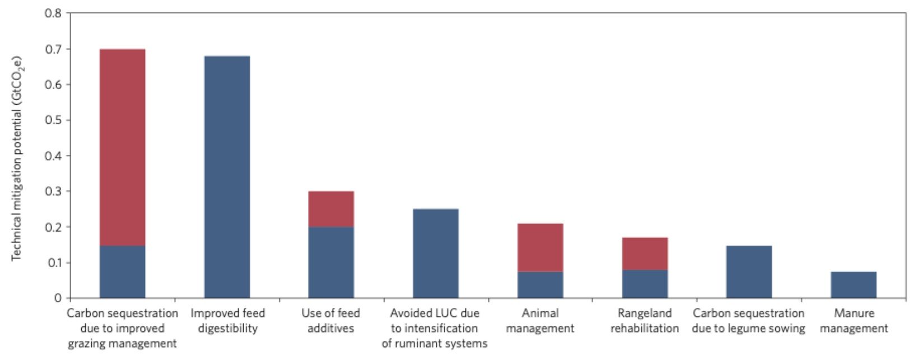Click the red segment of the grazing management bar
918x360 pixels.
[123, 147]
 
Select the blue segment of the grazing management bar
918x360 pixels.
[123, 272]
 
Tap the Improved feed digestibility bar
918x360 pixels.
[227, 177]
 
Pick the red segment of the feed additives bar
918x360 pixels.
[331, 209]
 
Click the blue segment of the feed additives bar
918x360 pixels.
[331, 263]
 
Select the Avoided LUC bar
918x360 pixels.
[436, 254]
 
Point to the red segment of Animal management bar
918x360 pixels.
[540, 247]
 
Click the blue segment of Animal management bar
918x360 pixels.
[540, 284]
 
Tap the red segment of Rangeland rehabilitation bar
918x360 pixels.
[645, 254]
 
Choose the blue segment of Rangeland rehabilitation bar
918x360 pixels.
[645, 284]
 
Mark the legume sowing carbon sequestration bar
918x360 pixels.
[749, 272]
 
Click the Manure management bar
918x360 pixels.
[854, 284]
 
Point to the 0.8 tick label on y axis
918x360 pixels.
[53, 13]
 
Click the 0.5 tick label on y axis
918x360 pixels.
[53, 120]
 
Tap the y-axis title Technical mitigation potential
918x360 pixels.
[17, 158]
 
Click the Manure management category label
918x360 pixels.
[854, 321]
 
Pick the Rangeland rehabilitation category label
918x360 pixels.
[645, 321]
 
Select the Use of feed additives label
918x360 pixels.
[330, 321]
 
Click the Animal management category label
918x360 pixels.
[540, 321]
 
